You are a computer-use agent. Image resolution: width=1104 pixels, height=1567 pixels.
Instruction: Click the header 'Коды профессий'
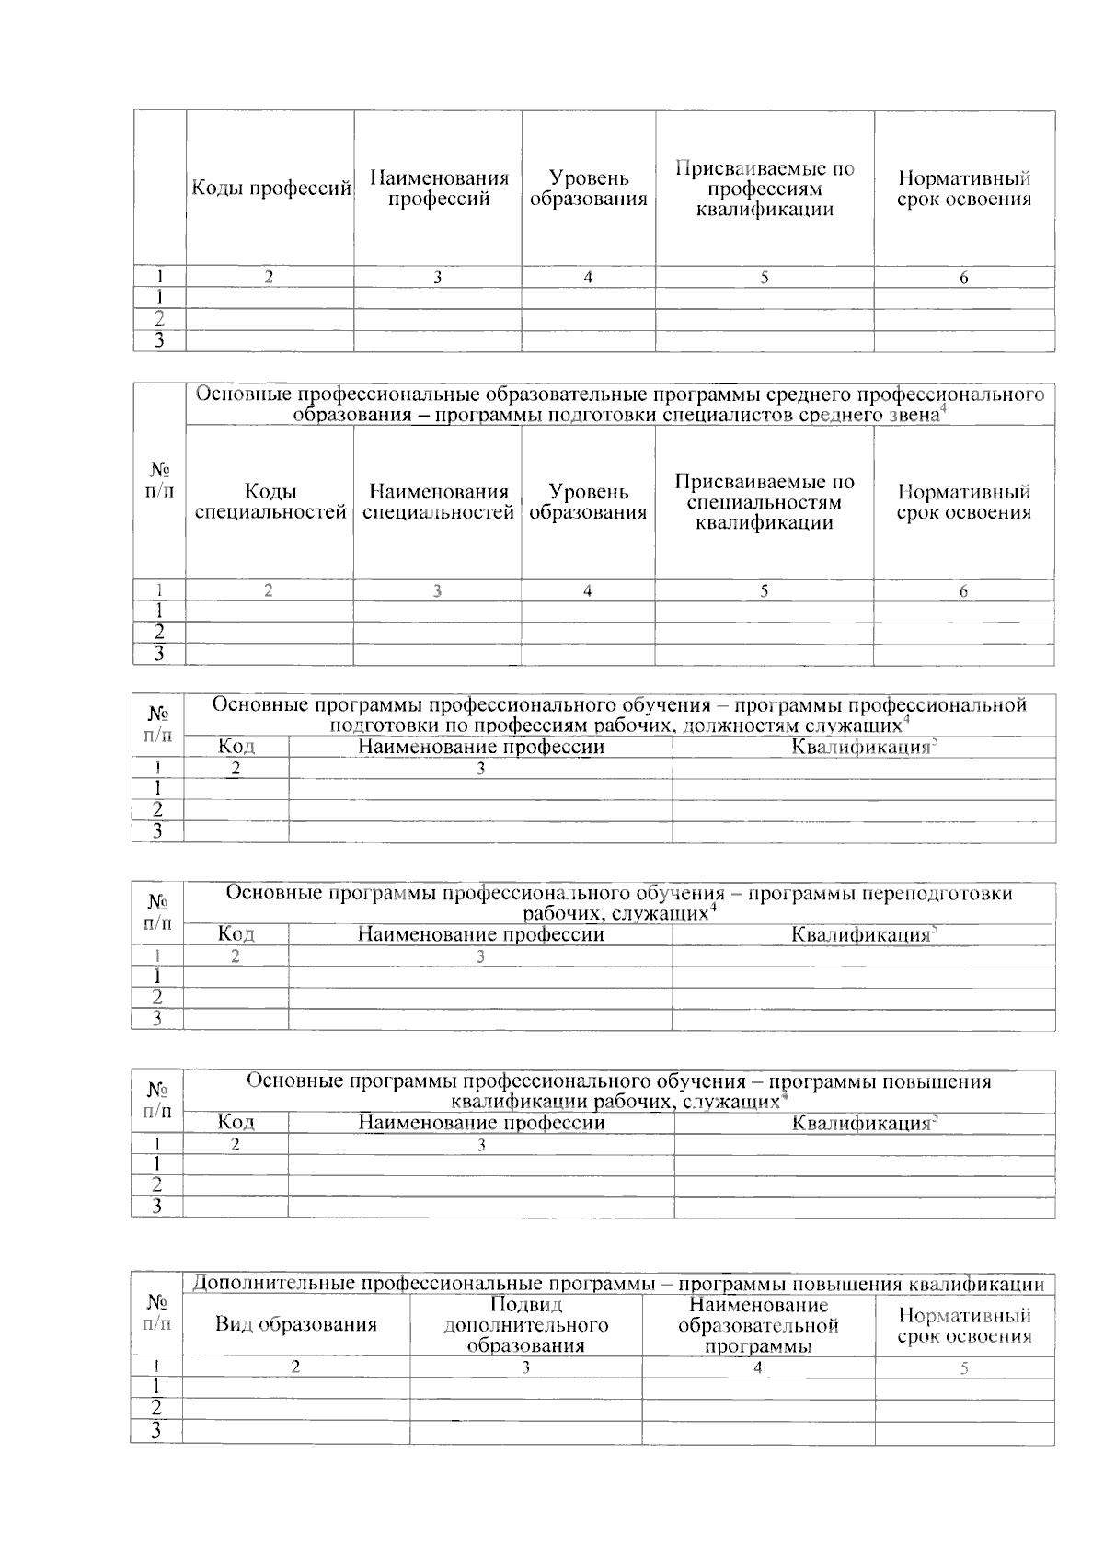[x=270, y=189]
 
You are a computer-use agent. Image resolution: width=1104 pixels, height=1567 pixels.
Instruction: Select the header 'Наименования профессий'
[x=439, y=189]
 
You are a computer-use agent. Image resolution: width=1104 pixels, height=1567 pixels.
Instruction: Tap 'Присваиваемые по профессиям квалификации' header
[x=765, y=189]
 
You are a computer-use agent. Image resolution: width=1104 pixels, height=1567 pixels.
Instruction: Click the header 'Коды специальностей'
[x=270, y=502]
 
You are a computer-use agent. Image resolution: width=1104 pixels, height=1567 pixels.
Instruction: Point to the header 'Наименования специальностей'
[x=439, y=502]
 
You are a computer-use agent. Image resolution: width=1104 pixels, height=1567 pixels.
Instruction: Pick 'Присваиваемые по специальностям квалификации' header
[x=765, y=502]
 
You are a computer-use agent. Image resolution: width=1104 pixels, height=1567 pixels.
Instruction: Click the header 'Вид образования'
[x=295, y=1325]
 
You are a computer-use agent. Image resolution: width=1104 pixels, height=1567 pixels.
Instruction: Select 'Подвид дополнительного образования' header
[x=525, y=1325]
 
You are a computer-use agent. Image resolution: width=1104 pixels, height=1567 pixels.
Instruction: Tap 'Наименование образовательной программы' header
[x=758, y=1325]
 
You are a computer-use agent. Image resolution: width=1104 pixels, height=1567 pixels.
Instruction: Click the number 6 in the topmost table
[x=963, y=278]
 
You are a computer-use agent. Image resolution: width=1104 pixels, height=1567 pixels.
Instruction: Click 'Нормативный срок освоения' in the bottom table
[x=964, y=1326]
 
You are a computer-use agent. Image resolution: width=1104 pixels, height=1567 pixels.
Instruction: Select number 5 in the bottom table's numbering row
[x=964, y=1368]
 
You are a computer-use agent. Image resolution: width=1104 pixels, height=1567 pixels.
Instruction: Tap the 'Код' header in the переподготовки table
[x=236, y=934]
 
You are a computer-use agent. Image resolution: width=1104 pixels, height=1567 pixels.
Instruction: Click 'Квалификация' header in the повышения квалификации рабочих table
[x=861, y=1123]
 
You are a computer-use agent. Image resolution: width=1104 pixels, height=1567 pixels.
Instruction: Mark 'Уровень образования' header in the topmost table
[x=588, y=189]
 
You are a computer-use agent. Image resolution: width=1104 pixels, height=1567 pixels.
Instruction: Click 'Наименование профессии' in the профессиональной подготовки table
[x=480, y=747]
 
